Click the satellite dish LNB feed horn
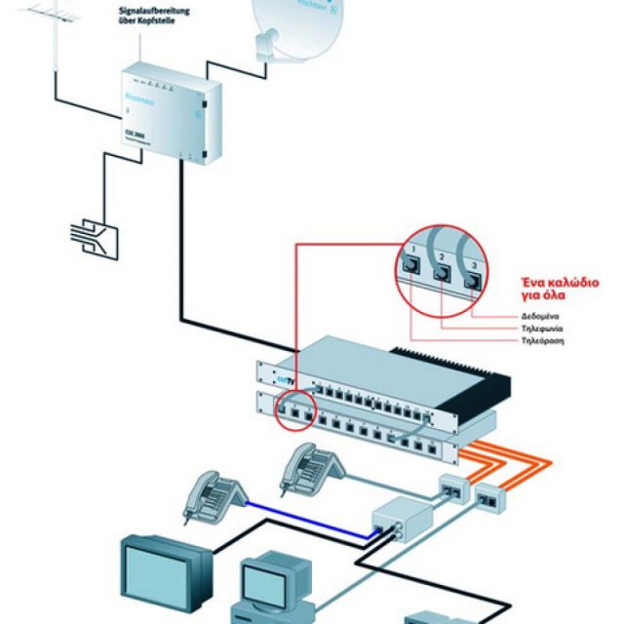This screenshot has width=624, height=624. (262, 44)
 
